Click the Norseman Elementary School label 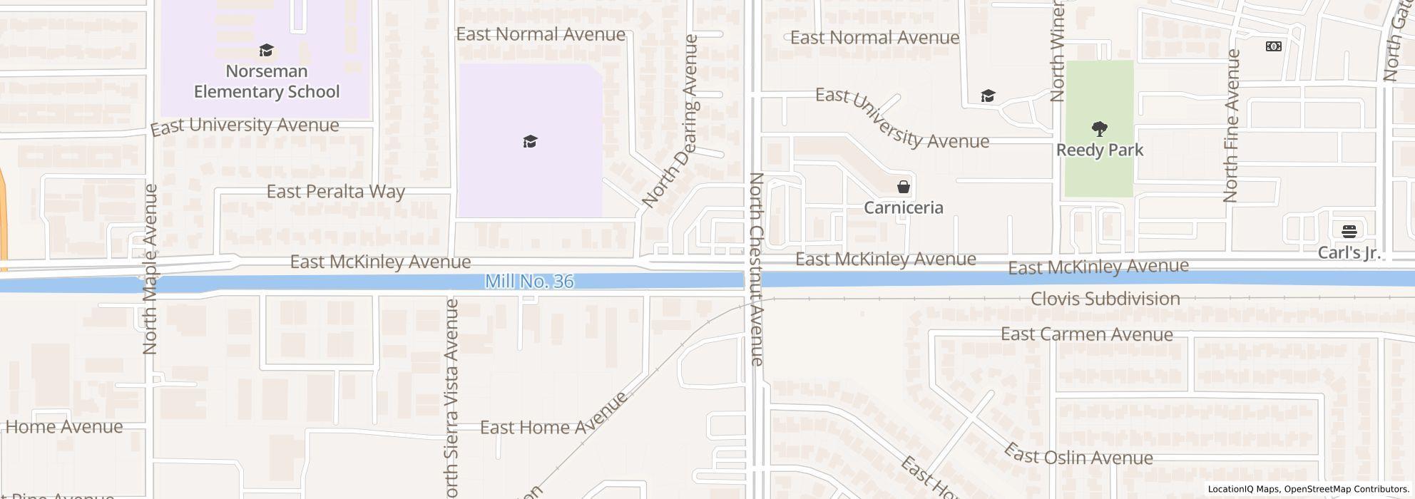point(267,81)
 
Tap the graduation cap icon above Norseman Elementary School point(267,51)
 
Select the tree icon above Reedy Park point(1099,129)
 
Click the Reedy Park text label point(1099,150)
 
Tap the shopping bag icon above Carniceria point(904,187)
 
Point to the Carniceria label point(904,207)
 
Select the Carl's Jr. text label point(1349,253)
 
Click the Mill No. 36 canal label point(529,282)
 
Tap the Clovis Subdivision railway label point(1105,299)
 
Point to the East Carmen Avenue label point(1086,334)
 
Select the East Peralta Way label point(335,191)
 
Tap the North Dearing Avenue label point(670,122)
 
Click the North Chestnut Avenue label point(757,269)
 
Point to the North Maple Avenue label point(150,269)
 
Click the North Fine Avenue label point(1231,125)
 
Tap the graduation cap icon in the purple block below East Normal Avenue point(529,141)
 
